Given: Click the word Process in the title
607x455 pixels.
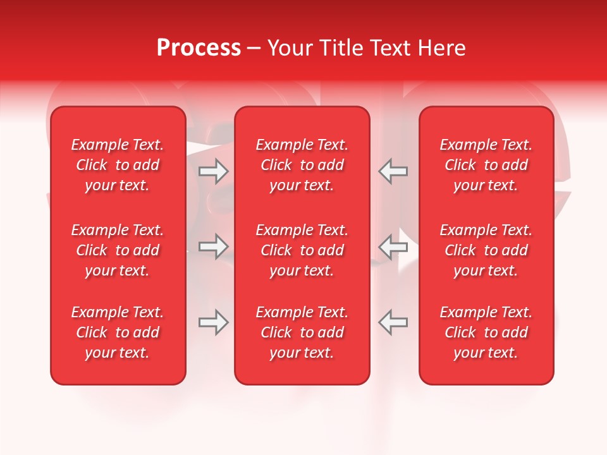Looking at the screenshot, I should point(199,48).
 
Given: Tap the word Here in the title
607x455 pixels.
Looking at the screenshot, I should point(441,48).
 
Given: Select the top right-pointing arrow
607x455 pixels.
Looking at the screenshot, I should point(213,171).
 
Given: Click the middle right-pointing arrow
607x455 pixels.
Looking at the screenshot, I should point(213,247).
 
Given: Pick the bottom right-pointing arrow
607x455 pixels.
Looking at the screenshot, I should point(213,322).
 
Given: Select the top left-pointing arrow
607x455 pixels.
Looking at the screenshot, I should point(393,171).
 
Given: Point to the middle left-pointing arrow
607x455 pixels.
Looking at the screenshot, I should point(393,247).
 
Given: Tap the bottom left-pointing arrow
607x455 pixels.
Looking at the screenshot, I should point(393,322).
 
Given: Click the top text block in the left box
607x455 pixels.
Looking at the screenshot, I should point(118,165).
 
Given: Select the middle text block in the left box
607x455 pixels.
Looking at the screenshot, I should point(118,250).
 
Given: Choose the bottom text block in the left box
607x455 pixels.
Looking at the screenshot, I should point(118,332).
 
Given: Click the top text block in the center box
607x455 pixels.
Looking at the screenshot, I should point(302,165).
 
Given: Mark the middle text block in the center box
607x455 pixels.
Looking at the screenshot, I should point(302,250).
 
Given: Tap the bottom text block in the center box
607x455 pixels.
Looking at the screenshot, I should point(302,332).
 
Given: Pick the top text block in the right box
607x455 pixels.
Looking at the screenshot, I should point(486,165).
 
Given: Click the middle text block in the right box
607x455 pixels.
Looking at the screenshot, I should point(486,250).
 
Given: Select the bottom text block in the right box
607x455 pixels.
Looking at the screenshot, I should point(486,332).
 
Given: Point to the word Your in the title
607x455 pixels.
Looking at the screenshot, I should point(290,48).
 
